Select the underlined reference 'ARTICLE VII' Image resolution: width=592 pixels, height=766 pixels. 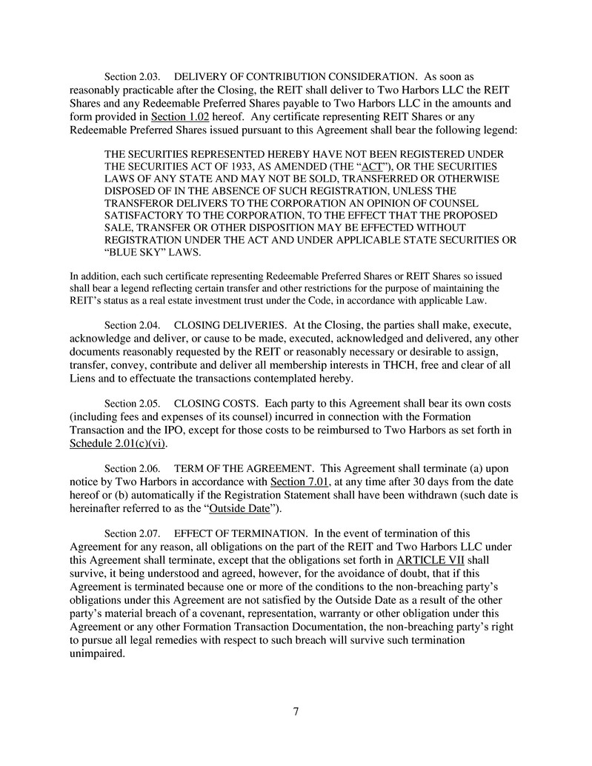click(x=430, y=561)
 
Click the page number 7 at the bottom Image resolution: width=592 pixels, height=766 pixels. click(x=296, y=713)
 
